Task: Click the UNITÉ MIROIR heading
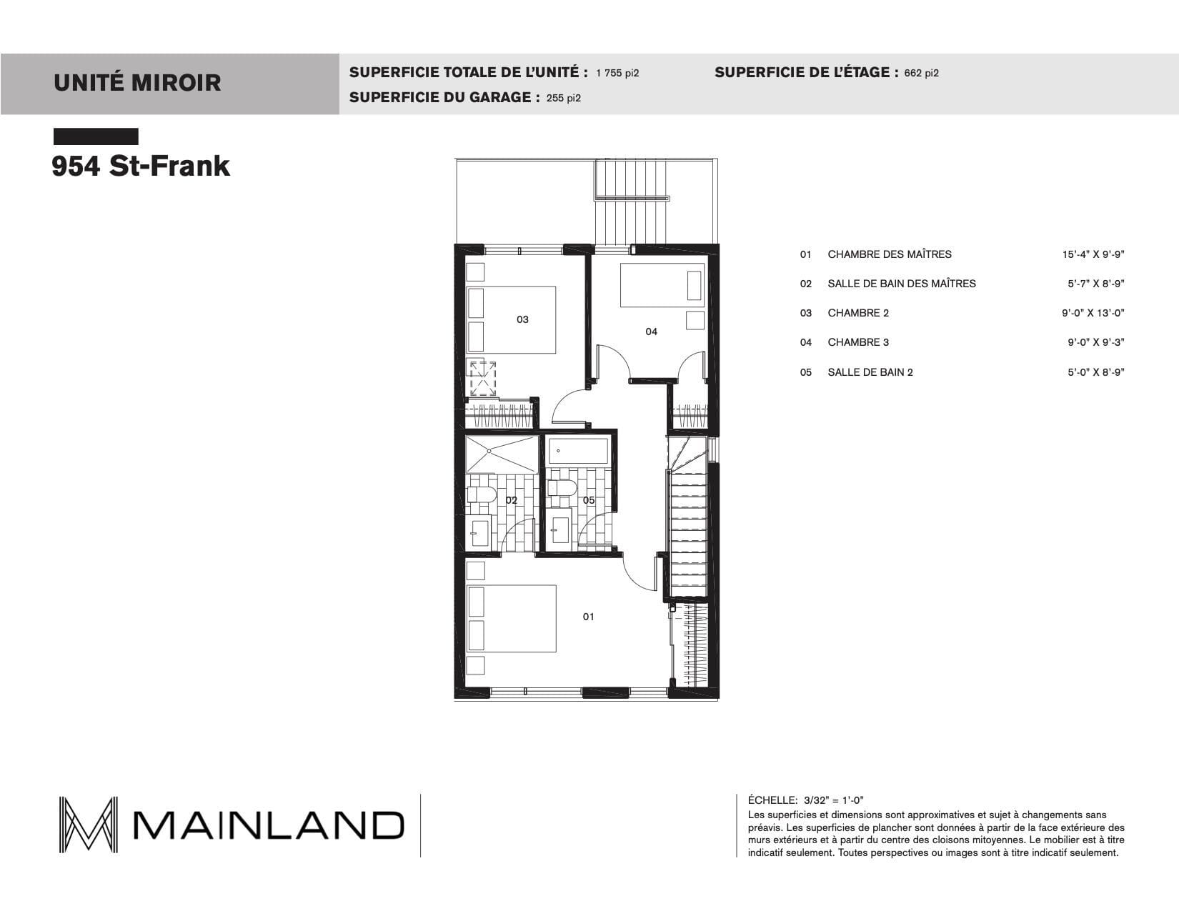click(x=137, y=83)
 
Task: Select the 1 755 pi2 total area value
click(x=617, y=74)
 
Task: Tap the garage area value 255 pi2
click(x=564, y=98)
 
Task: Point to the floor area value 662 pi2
click(x=921, y=74)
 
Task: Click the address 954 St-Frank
click(x=141, y=166)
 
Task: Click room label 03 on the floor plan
click(x=522, y=319)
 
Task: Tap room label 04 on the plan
click(x=651, y=332)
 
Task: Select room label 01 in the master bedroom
click(x=589, y=617)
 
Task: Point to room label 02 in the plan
click(x=511, y=500)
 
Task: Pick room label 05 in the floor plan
click(x=589, y=500)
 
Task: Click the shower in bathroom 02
click(x=502, y=454)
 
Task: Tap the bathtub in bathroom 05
click(x=578, y=451)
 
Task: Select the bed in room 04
click(x=662, y=285)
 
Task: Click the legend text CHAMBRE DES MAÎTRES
click(x=890, y=254)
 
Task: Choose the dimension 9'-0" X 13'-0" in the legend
click(x=1093, y=313)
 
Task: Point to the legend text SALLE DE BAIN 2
click(x=870, y=372)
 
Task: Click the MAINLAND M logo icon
click(x=88, y=825)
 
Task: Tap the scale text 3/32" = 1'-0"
click(x=834, y=800)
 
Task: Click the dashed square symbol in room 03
click(x=482, y=378)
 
